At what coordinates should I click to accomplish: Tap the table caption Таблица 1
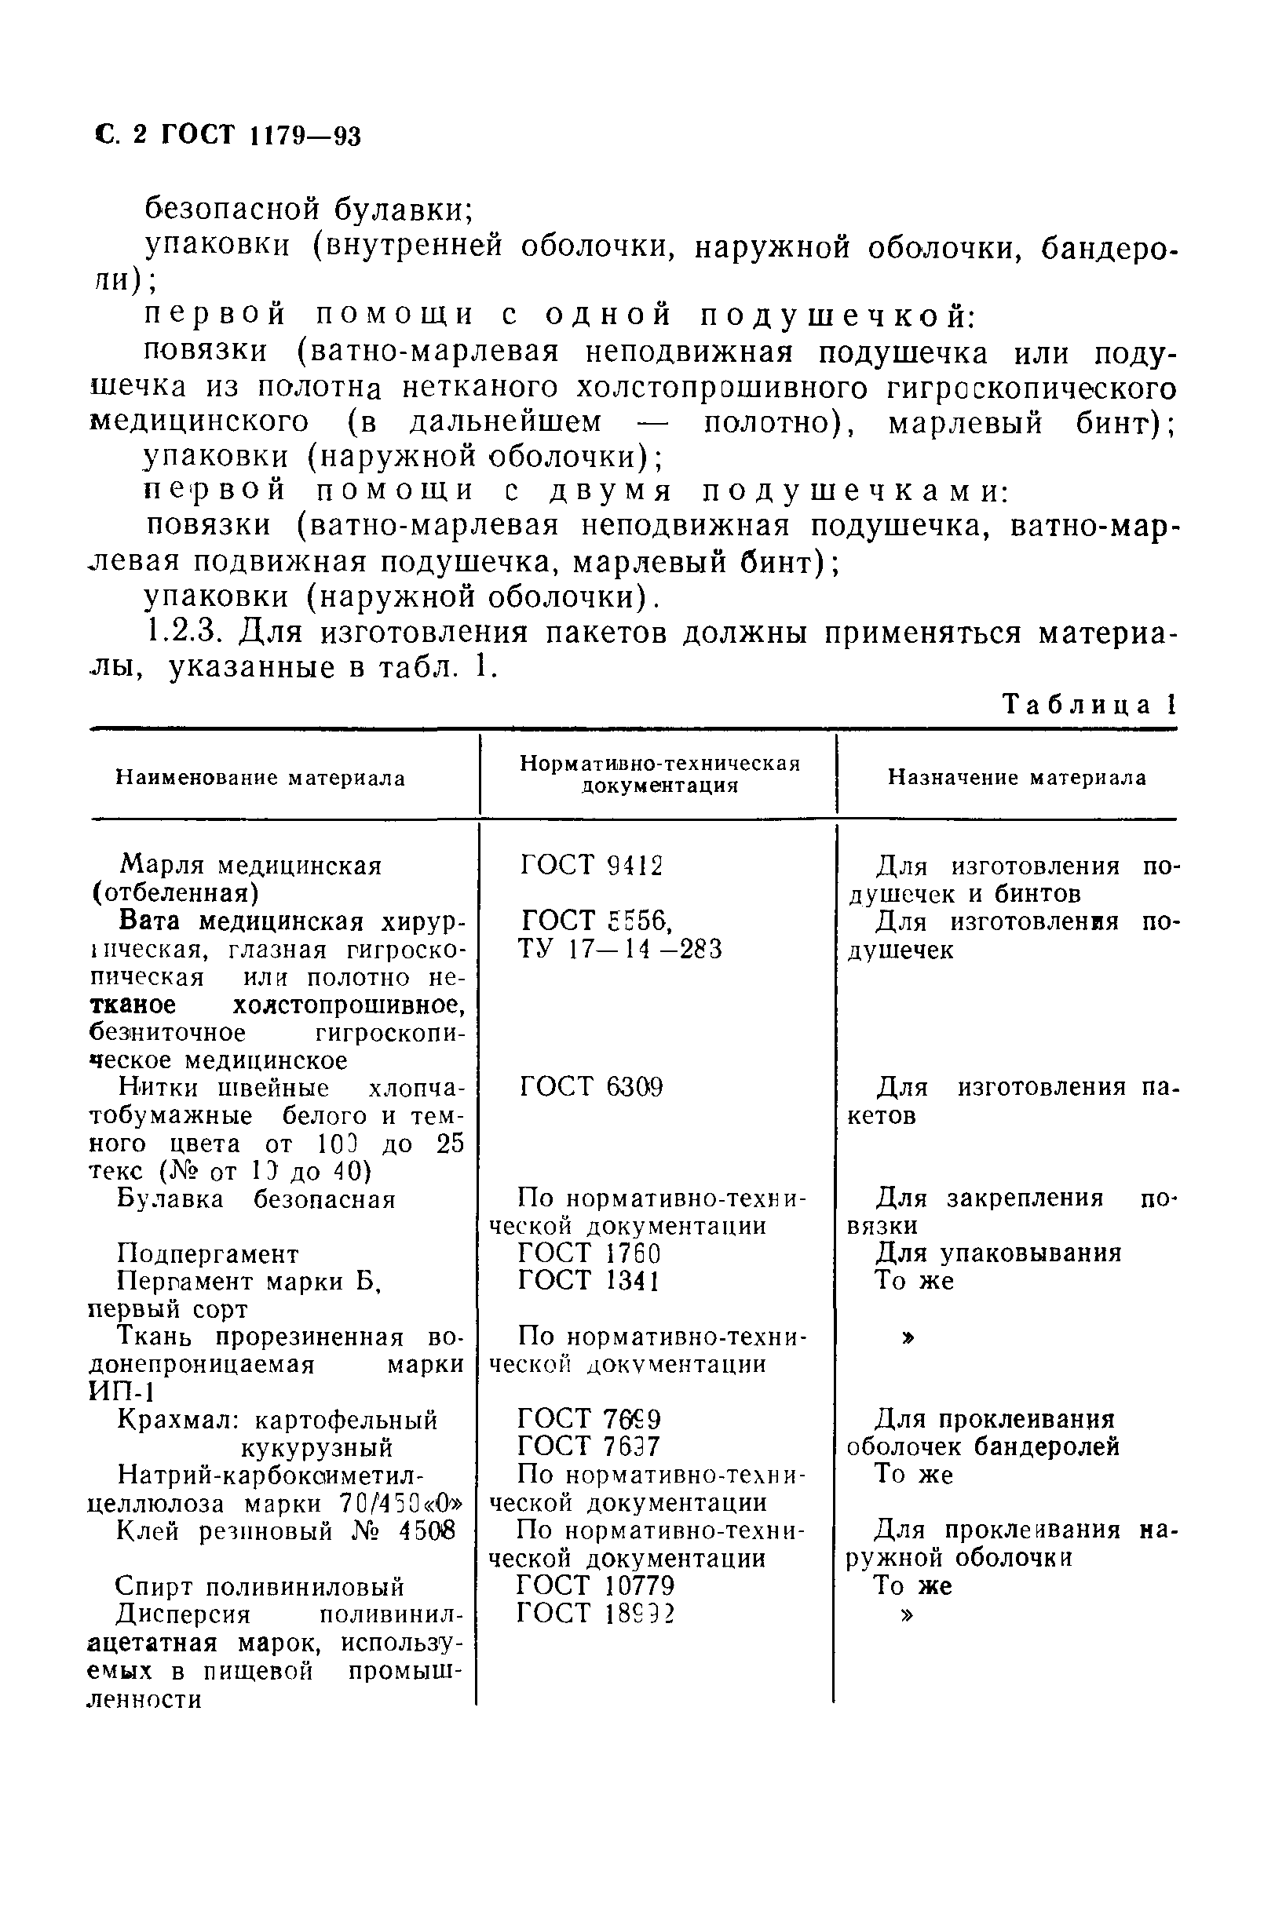[x=1090, y=704]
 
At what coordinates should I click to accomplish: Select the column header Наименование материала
[x=260, y=778]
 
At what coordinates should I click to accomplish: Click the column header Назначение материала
[x=1017, y=778]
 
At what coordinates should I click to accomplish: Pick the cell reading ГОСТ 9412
[x=591, y=866]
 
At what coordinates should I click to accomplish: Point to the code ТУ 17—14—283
[x=619, y=950]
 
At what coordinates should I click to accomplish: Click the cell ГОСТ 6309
[x=591, y=1087]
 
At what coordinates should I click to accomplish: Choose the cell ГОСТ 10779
[x=596, y=1585]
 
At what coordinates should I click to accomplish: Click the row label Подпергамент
[x=207, y=1253]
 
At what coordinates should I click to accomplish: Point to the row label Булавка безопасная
[x=256, y=1199]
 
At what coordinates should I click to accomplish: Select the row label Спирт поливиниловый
[x=259, y=1586]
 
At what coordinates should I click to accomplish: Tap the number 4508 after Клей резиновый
[x=427, y=1530]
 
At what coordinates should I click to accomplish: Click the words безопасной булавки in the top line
[x=309, y=210]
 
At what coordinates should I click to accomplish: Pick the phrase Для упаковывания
[x=998, y=1253]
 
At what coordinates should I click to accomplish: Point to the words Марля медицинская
[x=250, y=866]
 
